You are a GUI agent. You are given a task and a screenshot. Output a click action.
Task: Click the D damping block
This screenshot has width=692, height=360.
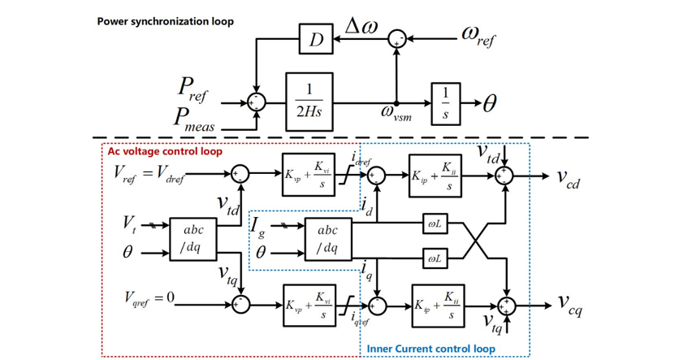315,38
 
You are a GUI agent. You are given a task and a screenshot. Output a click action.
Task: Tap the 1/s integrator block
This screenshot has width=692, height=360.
444,102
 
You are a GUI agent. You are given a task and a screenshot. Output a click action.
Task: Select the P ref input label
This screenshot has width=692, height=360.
192,90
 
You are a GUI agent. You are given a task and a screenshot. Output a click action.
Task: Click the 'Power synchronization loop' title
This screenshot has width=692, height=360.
166,21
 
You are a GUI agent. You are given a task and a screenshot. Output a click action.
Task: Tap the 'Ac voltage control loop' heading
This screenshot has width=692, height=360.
165,151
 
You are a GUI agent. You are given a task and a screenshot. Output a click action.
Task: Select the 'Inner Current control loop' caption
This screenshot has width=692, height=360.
431,349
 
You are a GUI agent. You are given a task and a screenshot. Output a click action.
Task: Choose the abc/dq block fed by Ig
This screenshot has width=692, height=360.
328,238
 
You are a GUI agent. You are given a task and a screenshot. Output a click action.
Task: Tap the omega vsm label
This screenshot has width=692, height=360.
399,115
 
